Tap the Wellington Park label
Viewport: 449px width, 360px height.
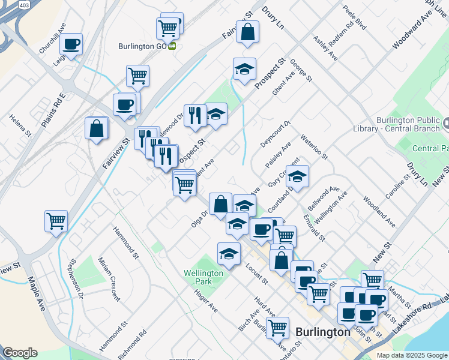(203, 277)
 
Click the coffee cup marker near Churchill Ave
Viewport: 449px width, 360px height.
(71, 44)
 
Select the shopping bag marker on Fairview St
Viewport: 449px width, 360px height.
(97, 128)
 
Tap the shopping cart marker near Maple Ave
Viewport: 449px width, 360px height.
(56, 221)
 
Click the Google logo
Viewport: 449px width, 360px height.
(20, 353)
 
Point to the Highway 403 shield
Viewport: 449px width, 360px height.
(24, 5)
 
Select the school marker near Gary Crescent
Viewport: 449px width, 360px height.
(297, 177)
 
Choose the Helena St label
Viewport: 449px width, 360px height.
(19, 124)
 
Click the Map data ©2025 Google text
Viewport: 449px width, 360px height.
(411, 355)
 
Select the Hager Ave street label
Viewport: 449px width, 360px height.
(205, 299)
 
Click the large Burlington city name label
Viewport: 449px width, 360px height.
(323, 332)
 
